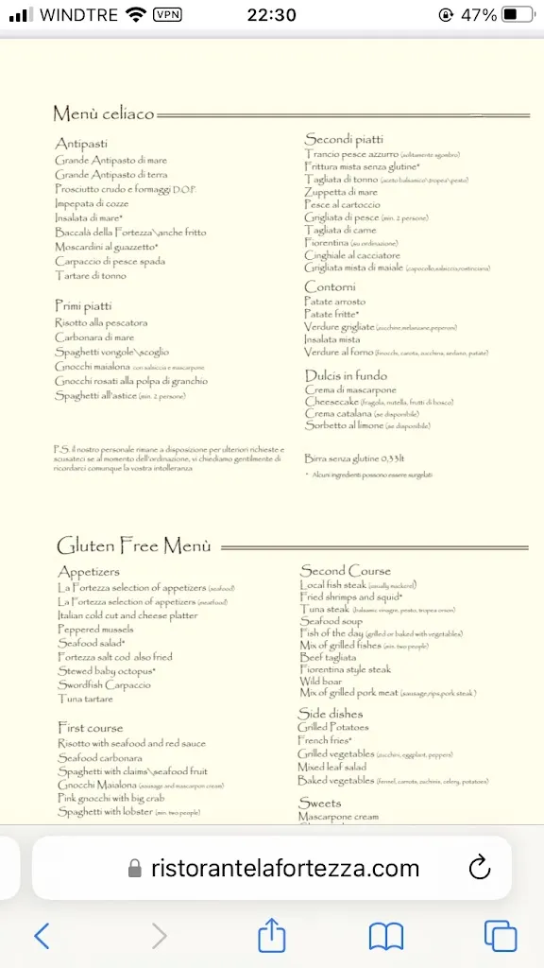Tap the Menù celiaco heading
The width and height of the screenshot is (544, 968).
[103, 114]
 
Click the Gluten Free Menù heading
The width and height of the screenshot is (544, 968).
[133, 546]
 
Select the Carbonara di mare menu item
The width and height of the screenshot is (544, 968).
[94, 337]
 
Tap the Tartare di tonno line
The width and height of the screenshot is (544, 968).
[91, 276]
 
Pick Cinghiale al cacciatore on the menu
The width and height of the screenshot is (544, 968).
[352, 255]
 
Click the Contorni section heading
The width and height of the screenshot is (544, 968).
[330, 286]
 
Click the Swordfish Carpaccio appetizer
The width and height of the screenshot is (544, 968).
[104, 684]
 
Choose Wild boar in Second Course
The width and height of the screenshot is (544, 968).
[321, 681]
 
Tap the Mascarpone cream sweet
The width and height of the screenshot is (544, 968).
[338, 817]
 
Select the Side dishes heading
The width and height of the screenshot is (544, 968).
[331, 713]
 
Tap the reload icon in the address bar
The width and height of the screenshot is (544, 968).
[479, 868]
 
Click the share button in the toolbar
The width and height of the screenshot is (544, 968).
[272, 935]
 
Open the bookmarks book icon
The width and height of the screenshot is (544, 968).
[385, 935]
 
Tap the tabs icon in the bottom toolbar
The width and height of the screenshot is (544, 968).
[500, 935]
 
